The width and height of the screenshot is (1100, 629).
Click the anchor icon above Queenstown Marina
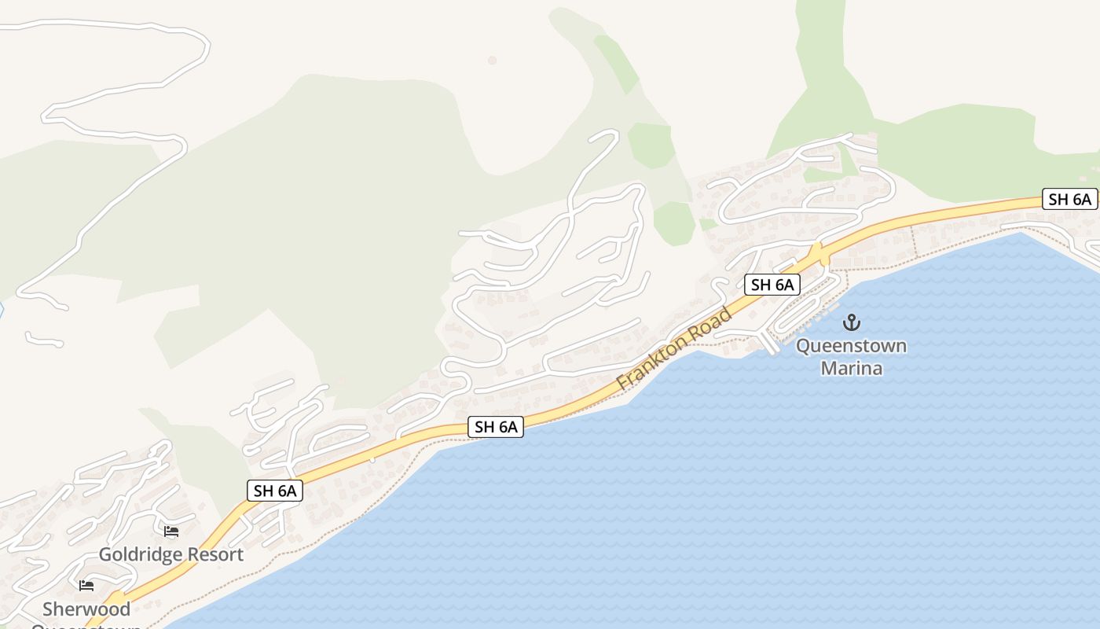click(851, 322)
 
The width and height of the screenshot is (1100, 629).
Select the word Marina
click(851, 368)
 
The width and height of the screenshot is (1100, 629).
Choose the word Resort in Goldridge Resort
click(212, 554)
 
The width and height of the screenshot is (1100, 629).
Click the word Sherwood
click(86, 609)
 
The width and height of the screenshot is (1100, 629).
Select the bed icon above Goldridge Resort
click(171, 532)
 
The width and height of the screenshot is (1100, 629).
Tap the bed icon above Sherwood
click(86, 586)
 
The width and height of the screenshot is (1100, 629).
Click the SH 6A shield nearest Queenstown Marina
click(772, 285)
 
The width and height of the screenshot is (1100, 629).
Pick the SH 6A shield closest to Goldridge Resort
click(275, 491)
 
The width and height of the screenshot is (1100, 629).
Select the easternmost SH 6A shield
click(1069, 199)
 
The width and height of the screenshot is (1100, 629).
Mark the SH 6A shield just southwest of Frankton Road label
click(496, 427)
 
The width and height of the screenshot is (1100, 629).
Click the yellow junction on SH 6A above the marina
click(817, 255)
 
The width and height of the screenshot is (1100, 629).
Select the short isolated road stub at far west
click(44, 340)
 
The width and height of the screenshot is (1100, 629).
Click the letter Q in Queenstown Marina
click(804, 346)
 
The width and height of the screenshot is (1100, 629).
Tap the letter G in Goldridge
click(105, 554)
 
